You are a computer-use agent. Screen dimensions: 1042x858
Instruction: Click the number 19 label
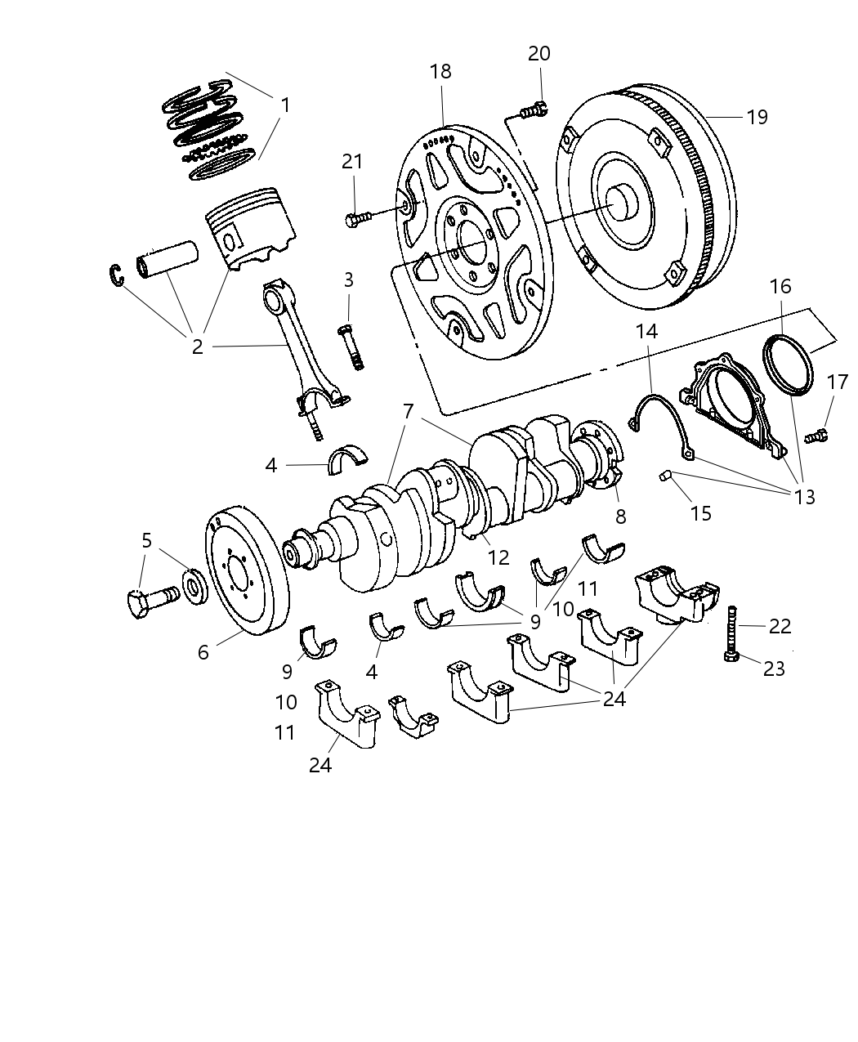757,117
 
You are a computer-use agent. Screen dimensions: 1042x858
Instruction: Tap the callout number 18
440,71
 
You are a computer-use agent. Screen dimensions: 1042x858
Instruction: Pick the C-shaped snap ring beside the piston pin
118,275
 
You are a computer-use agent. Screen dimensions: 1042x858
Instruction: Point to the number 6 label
203,651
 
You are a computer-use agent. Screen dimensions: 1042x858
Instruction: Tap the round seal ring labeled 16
789,363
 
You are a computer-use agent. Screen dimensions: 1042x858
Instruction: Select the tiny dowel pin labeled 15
666,476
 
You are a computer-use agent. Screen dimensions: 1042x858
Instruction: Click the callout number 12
498,557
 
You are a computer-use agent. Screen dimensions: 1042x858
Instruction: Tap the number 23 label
773,669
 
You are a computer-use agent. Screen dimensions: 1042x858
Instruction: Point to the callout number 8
621,517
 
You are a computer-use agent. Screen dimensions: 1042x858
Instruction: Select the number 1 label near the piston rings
284,105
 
